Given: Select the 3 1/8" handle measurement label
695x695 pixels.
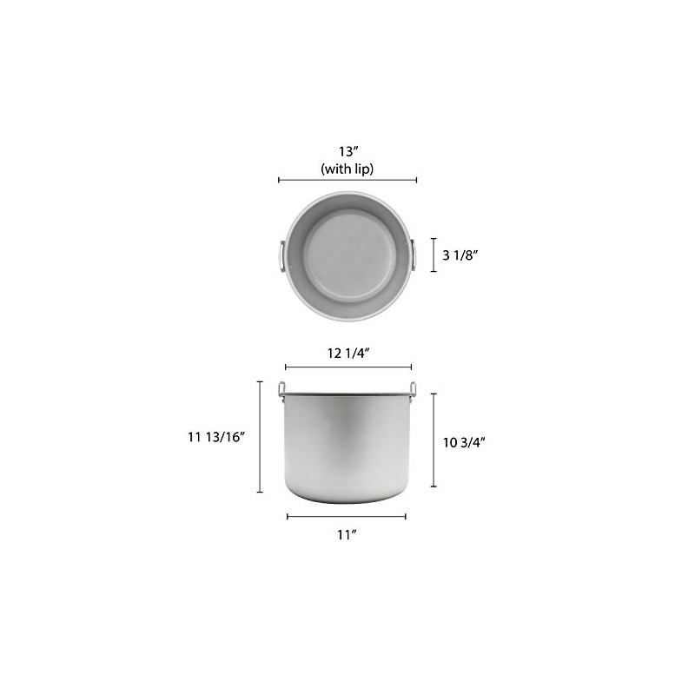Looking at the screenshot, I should coord(460,255).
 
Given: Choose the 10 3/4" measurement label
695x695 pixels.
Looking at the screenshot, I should coord(464,441).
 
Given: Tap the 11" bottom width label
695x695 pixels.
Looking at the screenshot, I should coord(347,534).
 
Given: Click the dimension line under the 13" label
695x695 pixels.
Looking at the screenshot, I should coord(347,180).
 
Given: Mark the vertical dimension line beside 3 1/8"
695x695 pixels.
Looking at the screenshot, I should coord(434,255).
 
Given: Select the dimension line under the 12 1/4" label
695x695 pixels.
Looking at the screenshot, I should coord(347,367).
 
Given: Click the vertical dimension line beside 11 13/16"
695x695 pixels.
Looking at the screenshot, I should coord(260,436).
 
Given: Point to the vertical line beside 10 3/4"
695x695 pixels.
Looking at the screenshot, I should coord(434,439).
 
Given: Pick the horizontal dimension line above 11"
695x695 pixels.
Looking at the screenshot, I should coord(347,516).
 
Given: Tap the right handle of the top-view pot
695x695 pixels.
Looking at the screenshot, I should coord(414,255).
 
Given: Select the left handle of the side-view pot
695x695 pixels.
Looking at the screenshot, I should coord(281,388).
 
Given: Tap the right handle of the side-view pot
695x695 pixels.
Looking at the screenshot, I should coord(413,388).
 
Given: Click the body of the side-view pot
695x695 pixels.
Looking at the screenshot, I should coord(347,447).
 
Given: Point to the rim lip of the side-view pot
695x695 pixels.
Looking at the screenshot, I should coord(347,396).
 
